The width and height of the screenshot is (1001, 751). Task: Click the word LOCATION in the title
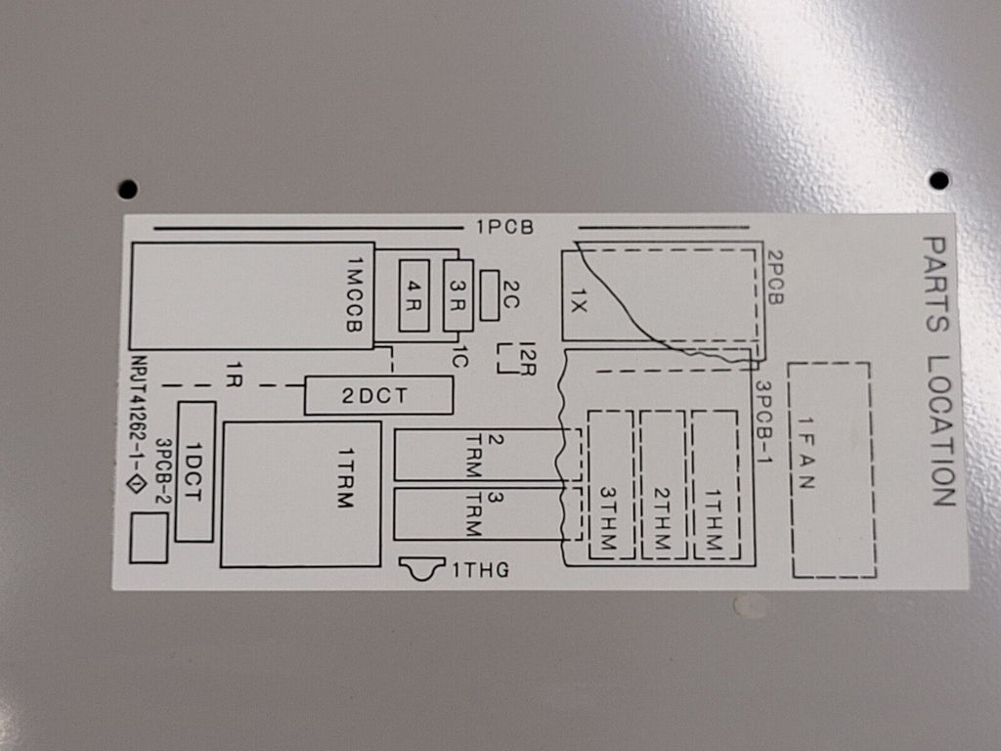(942, 430)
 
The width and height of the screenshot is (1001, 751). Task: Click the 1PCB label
(504, 227)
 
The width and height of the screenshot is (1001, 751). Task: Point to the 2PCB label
(774, 277)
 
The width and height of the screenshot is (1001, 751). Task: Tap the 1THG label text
(481, 570)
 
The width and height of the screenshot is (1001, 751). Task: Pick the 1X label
(578, 300)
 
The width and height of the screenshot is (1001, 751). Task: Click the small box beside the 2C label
(490, 295)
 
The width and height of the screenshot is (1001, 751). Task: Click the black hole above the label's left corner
(128, 189)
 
